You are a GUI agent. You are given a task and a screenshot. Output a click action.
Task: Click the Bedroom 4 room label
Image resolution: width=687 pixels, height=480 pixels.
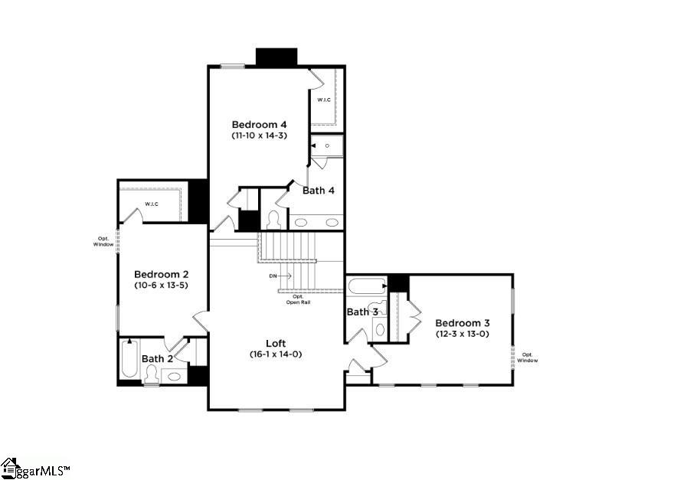pyautogui.click(x=260, y=124)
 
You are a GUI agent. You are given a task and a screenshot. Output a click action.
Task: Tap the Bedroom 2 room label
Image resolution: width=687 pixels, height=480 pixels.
pyautogui.click(x=161, y=274)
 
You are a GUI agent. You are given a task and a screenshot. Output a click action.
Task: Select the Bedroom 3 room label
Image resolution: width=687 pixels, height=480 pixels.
pyautogui.click(x=462, y=323)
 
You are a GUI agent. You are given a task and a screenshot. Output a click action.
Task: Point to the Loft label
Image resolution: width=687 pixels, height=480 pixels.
pyautogui.click(x=276, y=343)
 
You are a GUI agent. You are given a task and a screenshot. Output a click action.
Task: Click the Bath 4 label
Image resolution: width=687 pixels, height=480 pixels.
pyautogui.click(x=318, y=190)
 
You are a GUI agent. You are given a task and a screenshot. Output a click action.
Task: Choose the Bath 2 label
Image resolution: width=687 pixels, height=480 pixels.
pyautogui.click(x=157, y=358)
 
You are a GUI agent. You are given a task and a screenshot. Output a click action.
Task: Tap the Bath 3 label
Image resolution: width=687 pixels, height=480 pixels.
pyautogui.click(x=362, y=312)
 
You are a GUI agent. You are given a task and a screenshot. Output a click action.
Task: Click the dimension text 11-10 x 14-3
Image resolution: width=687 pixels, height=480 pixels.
pyautogui.click(x=259, y=136)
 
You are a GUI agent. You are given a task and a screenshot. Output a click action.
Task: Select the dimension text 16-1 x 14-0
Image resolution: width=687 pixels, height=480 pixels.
pyautogui.click(x=276, y=354)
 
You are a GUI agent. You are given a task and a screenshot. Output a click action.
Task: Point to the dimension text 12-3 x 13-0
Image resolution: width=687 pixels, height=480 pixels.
pyautogui.click(x=462, y=334)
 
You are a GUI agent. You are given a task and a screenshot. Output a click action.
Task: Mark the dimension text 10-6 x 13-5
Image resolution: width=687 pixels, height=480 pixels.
pyautogui.click(x=161, y=286)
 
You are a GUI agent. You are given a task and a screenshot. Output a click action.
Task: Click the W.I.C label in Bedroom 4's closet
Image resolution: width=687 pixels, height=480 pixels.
pyautogui.click(x=324, y=100)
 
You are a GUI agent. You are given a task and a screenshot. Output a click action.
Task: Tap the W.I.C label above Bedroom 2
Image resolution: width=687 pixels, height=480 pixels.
pyautogui.click(x=151, y=204)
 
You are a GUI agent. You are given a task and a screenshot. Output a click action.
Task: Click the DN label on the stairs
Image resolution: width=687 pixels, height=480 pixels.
pyautogui.click(x=273, y=275)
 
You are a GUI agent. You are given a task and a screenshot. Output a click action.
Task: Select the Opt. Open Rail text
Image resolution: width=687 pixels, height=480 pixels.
pyautogui.click(x=298, y=299)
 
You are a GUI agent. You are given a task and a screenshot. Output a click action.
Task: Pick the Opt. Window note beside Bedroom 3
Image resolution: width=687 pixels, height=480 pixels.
pyautogui.click(x=528, y=357)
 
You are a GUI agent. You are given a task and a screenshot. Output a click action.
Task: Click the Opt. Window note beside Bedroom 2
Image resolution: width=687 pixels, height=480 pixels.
pyautogui.click(x=104, y=240)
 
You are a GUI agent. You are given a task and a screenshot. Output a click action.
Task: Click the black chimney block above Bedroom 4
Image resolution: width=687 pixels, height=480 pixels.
pyautogui.click(x=276, y=57)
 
